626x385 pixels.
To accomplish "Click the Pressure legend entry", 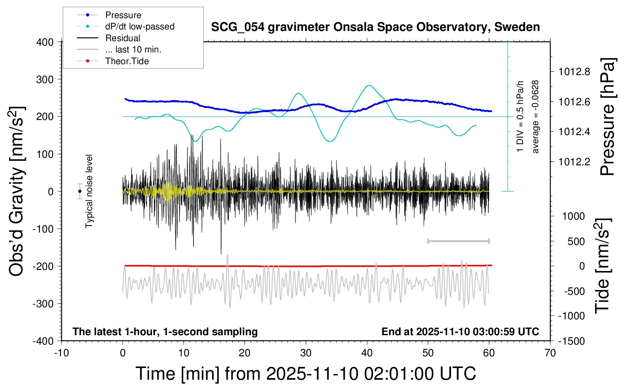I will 123,15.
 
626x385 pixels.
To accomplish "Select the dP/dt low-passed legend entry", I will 140,26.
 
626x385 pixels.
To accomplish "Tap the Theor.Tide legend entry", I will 127,61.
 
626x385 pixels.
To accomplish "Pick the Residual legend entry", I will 123,38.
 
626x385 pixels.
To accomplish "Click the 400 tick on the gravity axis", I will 45,42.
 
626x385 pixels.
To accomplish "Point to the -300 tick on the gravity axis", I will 43,303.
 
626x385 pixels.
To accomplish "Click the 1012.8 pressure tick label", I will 574,72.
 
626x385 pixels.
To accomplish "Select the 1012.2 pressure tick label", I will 574,162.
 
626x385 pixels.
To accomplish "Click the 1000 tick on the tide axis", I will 574,216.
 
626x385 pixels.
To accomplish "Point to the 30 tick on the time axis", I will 306,353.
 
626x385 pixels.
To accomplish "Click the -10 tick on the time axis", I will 61,353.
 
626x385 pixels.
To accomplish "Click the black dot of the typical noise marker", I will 80,191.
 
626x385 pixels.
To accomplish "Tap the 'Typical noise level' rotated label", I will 89,191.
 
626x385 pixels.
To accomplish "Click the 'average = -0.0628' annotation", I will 535,117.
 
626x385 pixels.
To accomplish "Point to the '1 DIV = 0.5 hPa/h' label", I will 520,117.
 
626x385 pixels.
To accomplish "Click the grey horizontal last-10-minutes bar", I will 458,241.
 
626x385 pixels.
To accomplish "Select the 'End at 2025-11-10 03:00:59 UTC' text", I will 460,332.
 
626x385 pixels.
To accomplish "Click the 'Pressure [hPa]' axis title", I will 608,117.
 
